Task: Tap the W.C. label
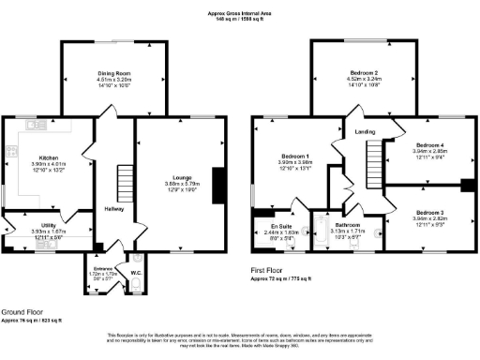click(136, 274)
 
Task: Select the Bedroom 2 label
click(362, 73)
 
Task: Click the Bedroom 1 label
click(294, 156)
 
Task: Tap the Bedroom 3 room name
click(431, 212)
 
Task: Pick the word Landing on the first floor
click(365, 132)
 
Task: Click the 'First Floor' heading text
click(268, 269)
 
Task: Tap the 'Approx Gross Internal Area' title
click(239, 13)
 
